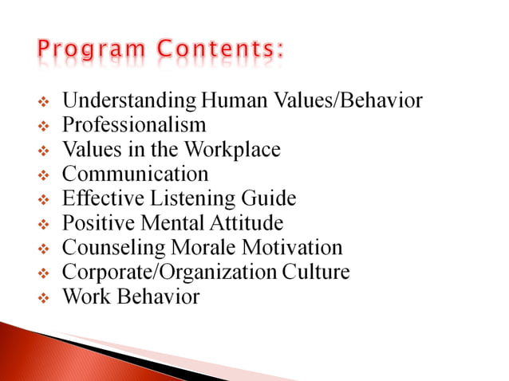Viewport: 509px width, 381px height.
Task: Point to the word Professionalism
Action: click(x=134, y=125)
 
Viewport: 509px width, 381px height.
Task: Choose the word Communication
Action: click(x=135, y=174)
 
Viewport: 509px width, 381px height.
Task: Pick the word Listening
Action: click(x=202, y=198)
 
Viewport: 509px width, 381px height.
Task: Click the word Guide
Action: click(x=269, y=198)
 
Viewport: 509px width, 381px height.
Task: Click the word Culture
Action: click(x=317, y=273)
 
